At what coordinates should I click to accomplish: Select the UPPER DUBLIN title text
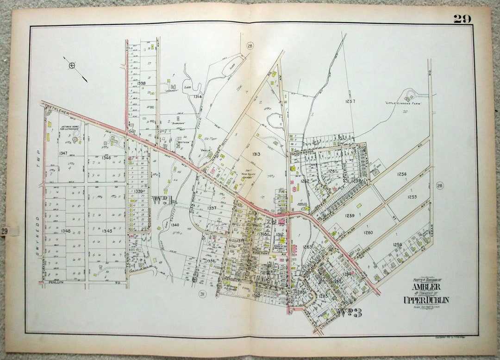425,300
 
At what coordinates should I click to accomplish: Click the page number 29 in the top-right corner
462,19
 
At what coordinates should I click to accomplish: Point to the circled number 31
202,294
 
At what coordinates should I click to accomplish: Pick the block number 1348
65,230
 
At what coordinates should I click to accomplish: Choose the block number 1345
107,230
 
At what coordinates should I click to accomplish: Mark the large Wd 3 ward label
350,312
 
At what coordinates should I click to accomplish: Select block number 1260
369,233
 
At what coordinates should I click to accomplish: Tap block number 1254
397,244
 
